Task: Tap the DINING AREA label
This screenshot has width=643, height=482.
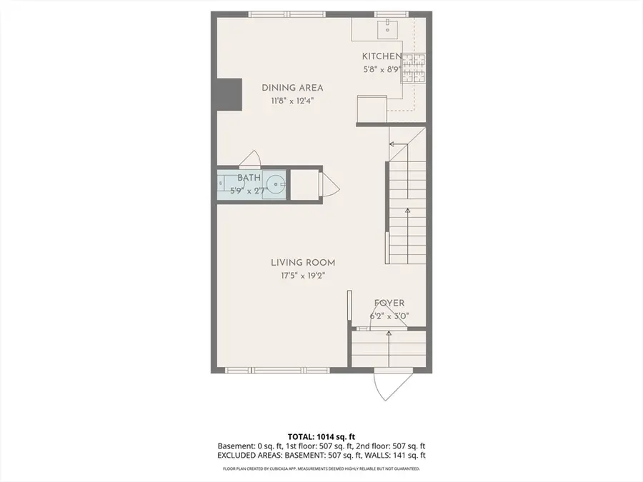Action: pyautogui.click(x=292, y=88)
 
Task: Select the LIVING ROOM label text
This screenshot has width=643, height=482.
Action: pyautogui.click(x=303, y=262)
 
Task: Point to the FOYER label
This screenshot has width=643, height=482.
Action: pyautogui.click(x=389, y=303)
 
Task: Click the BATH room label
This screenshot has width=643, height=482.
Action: pyautogui.click(x=249, y=178)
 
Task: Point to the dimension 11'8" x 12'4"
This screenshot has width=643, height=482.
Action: pyautogui.click(x=292, y=101)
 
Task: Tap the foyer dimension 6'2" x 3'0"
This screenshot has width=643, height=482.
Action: pyautogui.click(x=389, y=316)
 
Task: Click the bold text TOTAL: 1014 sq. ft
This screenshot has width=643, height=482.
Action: pyautogui.click(x=321, y=436)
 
